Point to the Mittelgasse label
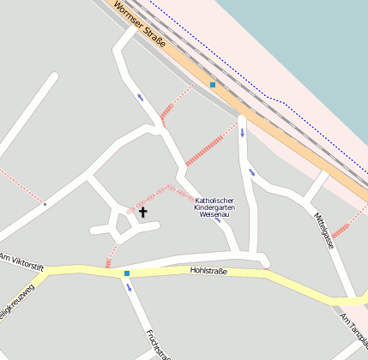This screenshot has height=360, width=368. (323, 230)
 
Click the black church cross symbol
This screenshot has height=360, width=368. (142, 211)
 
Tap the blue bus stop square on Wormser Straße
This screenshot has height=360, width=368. (213, 85)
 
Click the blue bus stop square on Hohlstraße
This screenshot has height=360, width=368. (127, 273)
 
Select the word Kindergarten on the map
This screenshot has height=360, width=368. (214, 207)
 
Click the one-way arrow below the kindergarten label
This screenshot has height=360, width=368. (218, 220)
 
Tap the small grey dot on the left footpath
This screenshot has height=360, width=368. (45, 204)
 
